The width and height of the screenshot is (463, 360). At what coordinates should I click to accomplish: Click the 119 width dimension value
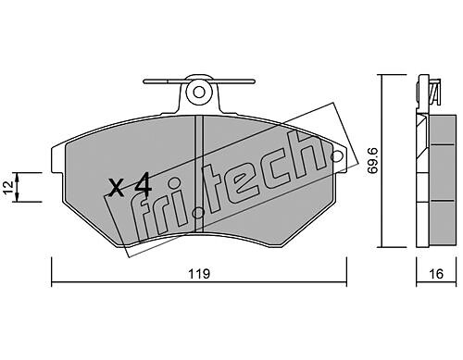click(199, 274)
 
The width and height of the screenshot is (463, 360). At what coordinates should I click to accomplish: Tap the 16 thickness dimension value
click(436, 274)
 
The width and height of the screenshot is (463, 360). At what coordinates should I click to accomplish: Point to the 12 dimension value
click(8, 187)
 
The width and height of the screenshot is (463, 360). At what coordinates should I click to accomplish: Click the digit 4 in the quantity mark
click(143, 184)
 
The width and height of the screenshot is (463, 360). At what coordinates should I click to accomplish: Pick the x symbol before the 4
click(117, 188)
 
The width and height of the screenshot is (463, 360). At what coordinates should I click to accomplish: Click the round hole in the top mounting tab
click(199, 92)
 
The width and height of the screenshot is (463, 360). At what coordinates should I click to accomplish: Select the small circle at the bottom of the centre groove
click(197, 213)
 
